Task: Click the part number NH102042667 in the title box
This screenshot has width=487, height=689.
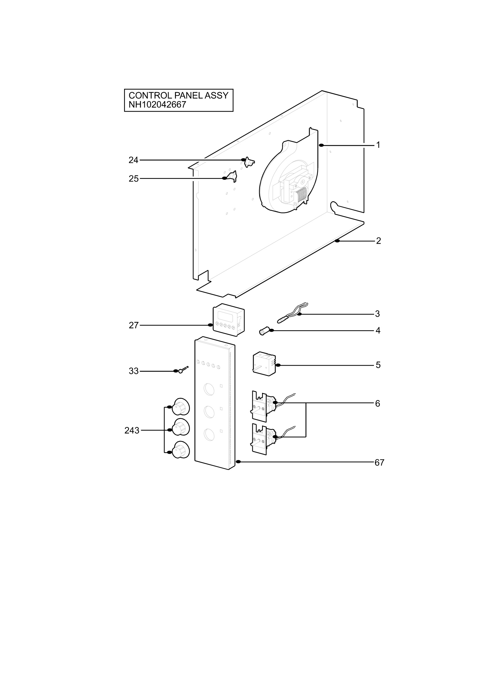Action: click(157, 104)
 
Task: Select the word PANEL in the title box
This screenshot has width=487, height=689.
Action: click(188, 95)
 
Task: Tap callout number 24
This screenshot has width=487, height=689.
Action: click(133, 160)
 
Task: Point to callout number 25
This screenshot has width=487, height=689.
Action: click(134, 179)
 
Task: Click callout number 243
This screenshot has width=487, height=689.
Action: click(132, 431)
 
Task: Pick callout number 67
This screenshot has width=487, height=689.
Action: click(379, 462)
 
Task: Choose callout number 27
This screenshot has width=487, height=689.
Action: click(134, 325)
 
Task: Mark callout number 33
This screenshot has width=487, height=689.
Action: click(134, 371)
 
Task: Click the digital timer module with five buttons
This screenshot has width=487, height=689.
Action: click(228, 320)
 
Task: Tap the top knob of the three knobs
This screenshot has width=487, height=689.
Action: click(181, 407)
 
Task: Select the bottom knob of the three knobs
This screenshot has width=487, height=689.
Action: click(181, 450)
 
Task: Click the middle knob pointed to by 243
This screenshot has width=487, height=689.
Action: click(181, 427)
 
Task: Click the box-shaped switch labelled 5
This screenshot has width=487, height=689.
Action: click(264, 364)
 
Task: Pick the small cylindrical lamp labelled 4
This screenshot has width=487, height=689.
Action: click(263, 332)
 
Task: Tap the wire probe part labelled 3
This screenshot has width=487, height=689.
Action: click(292, 312)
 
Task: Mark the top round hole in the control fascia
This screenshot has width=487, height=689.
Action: click(209, 389)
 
